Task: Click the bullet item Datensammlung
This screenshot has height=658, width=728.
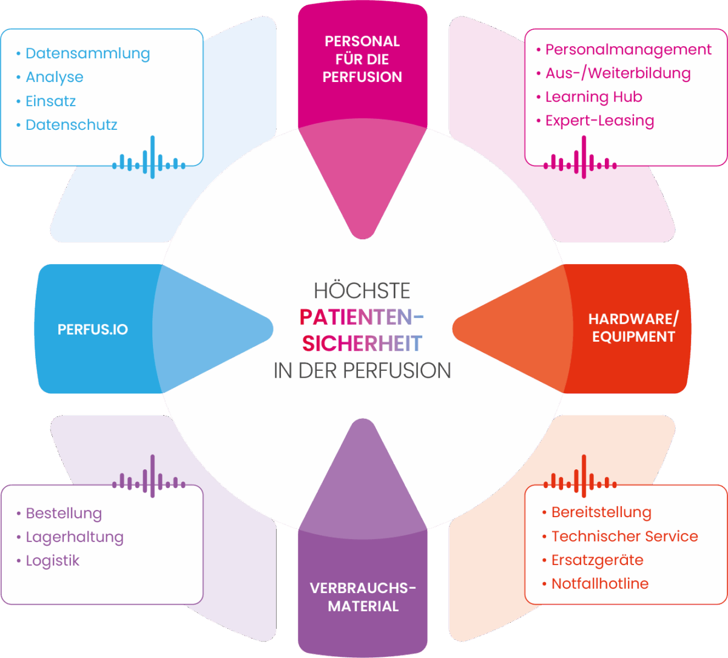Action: tap(87, 53)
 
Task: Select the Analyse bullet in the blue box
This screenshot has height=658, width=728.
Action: tap(55, 77)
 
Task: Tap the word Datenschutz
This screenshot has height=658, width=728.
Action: tap(71, 125)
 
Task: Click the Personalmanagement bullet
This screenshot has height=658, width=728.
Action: tap(629, 49)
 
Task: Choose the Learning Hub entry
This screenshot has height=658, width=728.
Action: tap(593, 97)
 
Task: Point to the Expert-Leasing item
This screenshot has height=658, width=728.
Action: tap(599, 121)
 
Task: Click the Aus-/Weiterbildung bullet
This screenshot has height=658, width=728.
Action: tap(618, 73)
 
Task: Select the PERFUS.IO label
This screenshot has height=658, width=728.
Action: tap(93, 330)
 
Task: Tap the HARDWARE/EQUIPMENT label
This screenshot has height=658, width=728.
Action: tap(633, 328)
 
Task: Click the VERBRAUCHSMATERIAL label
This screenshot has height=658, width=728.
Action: tap(363, 597)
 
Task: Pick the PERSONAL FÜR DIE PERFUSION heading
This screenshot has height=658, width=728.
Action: tap(362, 59)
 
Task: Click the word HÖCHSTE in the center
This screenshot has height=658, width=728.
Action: tap(362, 291)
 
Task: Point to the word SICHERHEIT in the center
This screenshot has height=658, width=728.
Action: tap(362, 344)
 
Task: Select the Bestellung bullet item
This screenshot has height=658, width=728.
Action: tap(64, 514)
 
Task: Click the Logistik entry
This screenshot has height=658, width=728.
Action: tap(53, 561)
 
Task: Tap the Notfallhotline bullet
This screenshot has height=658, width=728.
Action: tap(599, 584)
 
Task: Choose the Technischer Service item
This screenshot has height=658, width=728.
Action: tap(624, 537)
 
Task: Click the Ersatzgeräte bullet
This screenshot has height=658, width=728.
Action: tap(597, 560)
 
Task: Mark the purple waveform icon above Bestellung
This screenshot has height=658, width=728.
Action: tap(149, 475)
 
